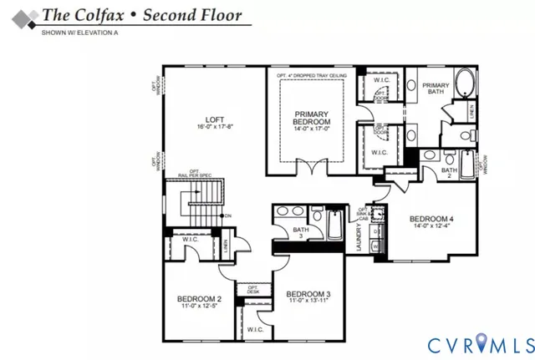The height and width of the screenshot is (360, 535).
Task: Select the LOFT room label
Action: [x=206, y=119]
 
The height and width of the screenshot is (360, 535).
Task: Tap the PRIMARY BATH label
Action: [x=436, y=90]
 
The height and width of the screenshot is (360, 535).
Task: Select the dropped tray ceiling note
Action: [x=314, y=75]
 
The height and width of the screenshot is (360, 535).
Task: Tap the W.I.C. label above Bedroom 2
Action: [x=191, y=240]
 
